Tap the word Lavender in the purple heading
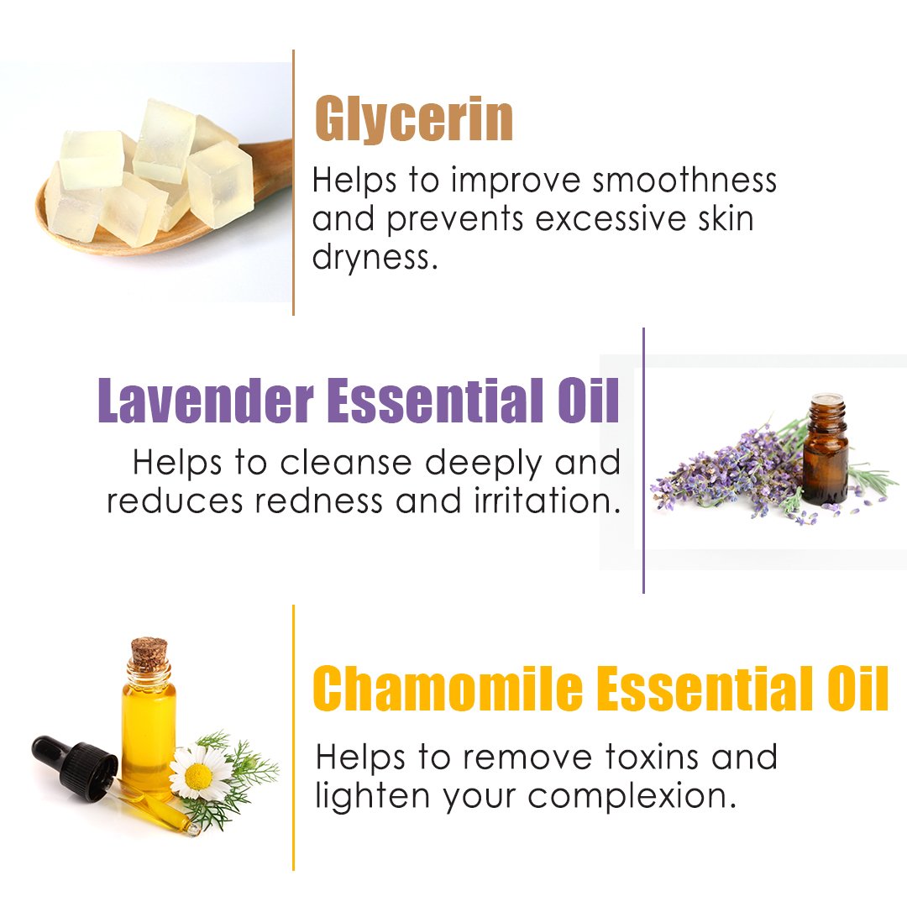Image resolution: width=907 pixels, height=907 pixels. pyautogui.click(x=206, y=401)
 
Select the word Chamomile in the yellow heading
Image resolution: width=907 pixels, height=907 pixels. pyautogui.click(x=447, y=688)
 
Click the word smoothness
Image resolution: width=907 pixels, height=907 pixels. pyautogui.click(x=684, y=180)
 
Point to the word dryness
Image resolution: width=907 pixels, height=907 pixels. pyautogui.click(x=375, y=258)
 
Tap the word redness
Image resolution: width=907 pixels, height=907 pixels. pyautogui.click(x=319, y=501)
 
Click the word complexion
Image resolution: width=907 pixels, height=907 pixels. pyautogui.click(x=632, y=797)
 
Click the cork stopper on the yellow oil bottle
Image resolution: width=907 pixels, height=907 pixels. pyautogui.click(x=149, y=653)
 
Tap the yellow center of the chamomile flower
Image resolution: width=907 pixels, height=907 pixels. pyautogui.click(x=198, y=776)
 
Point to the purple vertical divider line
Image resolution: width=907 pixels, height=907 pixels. pyautogui.click(x=643, y=460)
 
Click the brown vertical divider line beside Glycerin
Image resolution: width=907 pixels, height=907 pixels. pyautogui.click(x=294, y=182)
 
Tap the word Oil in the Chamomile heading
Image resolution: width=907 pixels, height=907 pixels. pyautogui.click(x=857, y=688)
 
